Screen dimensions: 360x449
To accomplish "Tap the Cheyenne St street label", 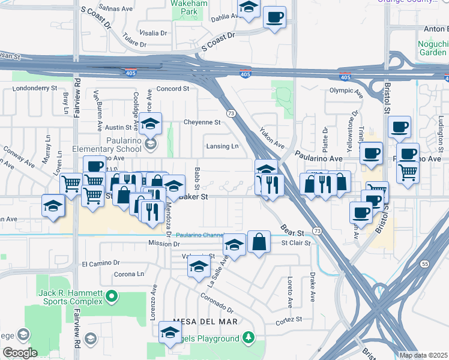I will [202, 122].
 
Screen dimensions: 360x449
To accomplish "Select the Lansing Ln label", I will [222, 146].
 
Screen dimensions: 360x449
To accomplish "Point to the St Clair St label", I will [296, 243].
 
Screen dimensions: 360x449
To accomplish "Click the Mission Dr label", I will [164, 244].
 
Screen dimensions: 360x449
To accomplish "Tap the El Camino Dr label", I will [101, 263].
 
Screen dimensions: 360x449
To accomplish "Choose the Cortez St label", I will [280, 320].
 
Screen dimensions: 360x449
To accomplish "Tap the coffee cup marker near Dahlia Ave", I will [274, 16].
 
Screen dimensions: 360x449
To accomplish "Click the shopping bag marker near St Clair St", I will [259, 242].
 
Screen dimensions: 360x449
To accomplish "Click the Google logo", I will [20, 353].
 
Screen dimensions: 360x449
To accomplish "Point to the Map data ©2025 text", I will [422, 355].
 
